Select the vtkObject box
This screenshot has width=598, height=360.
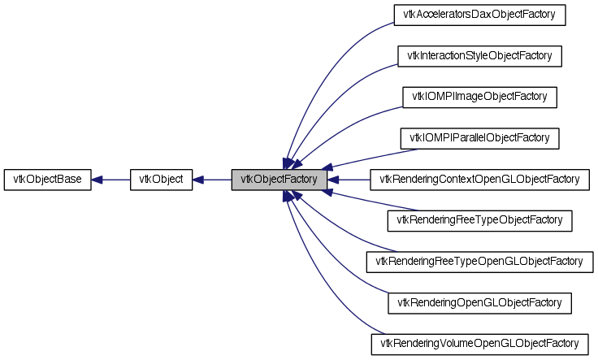click(161, 179)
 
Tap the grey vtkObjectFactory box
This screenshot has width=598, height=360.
click(279, 179)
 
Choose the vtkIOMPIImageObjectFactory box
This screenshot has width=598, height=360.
click(479, 97)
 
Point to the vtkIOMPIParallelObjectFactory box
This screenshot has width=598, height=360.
click(479, 137)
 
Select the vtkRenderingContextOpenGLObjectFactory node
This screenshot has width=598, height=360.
click(479, 179)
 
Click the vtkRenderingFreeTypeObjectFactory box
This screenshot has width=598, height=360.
click(479, 220)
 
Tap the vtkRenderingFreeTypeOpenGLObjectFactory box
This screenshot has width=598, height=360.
click(479, 262)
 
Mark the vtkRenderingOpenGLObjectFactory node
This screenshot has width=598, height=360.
click(479, 302)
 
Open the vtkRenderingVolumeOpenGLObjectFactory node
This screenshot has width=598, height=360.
click(479, 344)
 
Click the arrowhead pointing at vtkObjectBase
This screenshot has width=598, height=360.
click(97, 179)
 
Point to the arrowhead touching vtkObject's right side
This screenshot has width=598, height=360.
click(197, 179)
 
